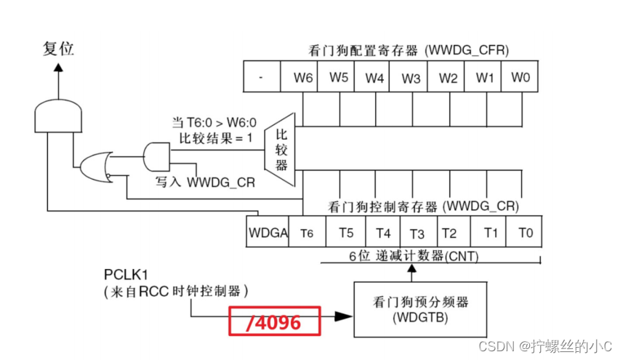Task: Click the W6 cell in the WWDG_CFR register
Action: (x=302, y=76)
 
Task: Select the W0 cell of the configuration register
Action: (x=520, y=76)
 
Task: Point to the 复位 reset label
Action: (x=59, y=49)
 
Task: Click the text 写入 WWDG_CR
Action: (x=206, y=182)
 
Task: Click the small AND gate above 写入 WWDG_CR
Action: (x=156, y=155)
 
